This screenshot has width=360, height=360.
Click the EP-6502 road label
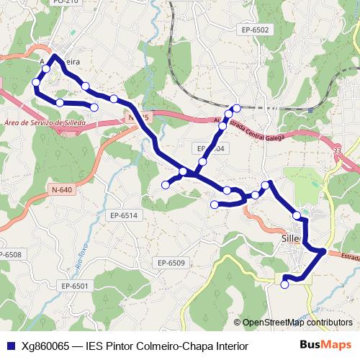[x=256, y=30]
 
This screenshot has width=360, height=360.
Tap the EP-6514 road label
[x=124, y=215]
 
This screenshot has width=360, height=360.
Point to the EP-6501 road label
[x=74, y=286]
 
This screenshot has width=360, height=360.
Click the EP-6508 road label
[x=9, y=255]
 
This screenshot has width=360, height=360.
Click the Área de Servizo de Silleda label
[x=45, y=124]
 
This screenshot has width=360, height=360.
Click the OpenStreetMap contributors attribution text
[x=297, y=323]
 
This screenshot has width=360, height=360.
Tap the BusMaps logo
[x=325, y=346]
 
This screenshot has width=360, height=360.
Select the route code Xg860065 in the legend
[x=45, y=346]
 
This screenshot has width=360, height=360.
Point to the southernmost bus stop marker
[x=284, y=284]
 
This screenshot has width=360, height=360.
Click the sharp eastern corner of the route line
[x=325, y=251]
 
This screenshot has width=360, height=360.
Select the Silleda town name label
[x=291, y=238]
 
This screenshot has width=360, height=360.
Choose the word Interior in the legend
[x=229, y=346]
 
